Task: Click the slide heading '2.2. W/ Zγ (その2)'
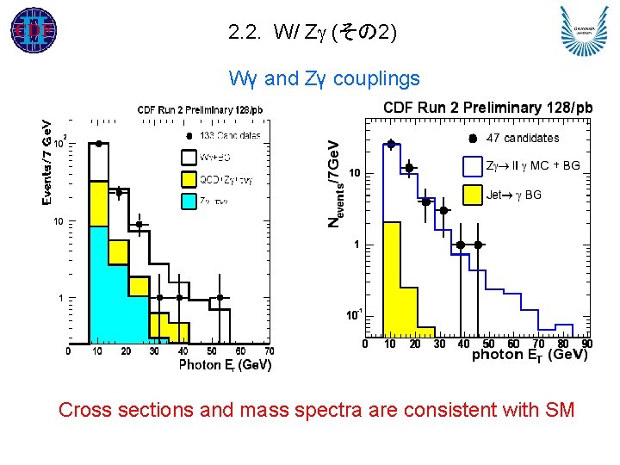pos(313,34)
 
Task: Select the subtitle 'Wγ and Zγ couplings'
pos(324,79)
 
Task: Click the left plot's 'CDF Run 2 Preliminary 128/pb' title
pos(200,109)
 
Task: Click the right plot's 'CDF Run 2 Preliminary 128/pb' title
pos(488,108)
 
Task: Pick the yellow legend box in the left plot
pos(189,179)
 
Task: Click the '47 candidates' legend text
pos(523,138)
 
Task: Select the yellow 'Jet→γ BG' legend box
pos(473,195)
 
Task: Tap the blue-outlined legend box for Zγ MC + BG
pos(473,166)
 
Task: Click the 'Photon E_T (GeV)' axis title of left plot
pos(225,365)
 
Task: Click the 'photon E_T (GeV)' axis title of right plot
pos(530,355)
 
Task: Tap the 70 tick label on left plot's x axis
pos(269,351)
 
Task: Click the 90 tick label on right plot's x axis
pos(587,344)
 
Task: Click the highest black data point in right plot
pos(390,145)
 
